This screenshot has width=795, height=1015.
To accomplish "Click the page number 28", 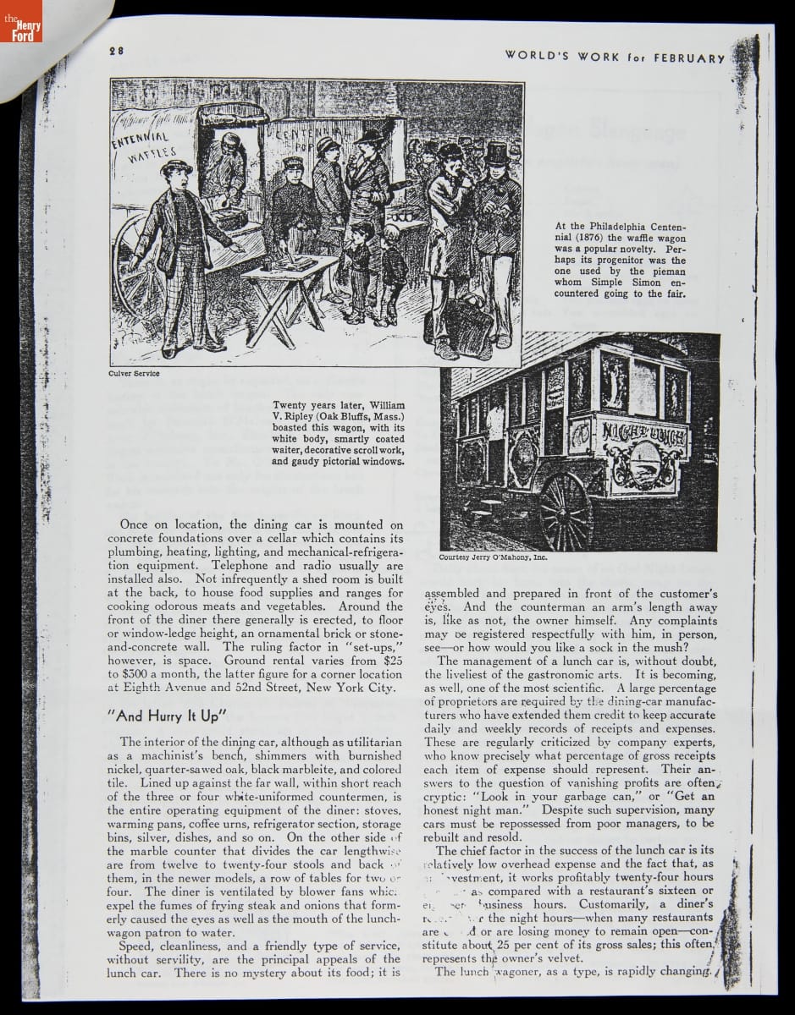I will tap(116, 51).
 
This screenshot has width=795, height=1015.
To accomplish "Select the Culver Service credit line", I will tap(135, 373).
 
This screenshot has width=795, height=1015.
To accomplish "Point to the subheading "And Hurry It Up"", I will tap(168, 716).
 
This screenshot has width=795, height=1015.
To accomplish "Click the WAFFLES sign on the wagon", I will tap(146, 157).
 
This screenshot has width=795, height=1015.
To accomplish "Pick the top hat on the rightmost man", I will tap(497, 153).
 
